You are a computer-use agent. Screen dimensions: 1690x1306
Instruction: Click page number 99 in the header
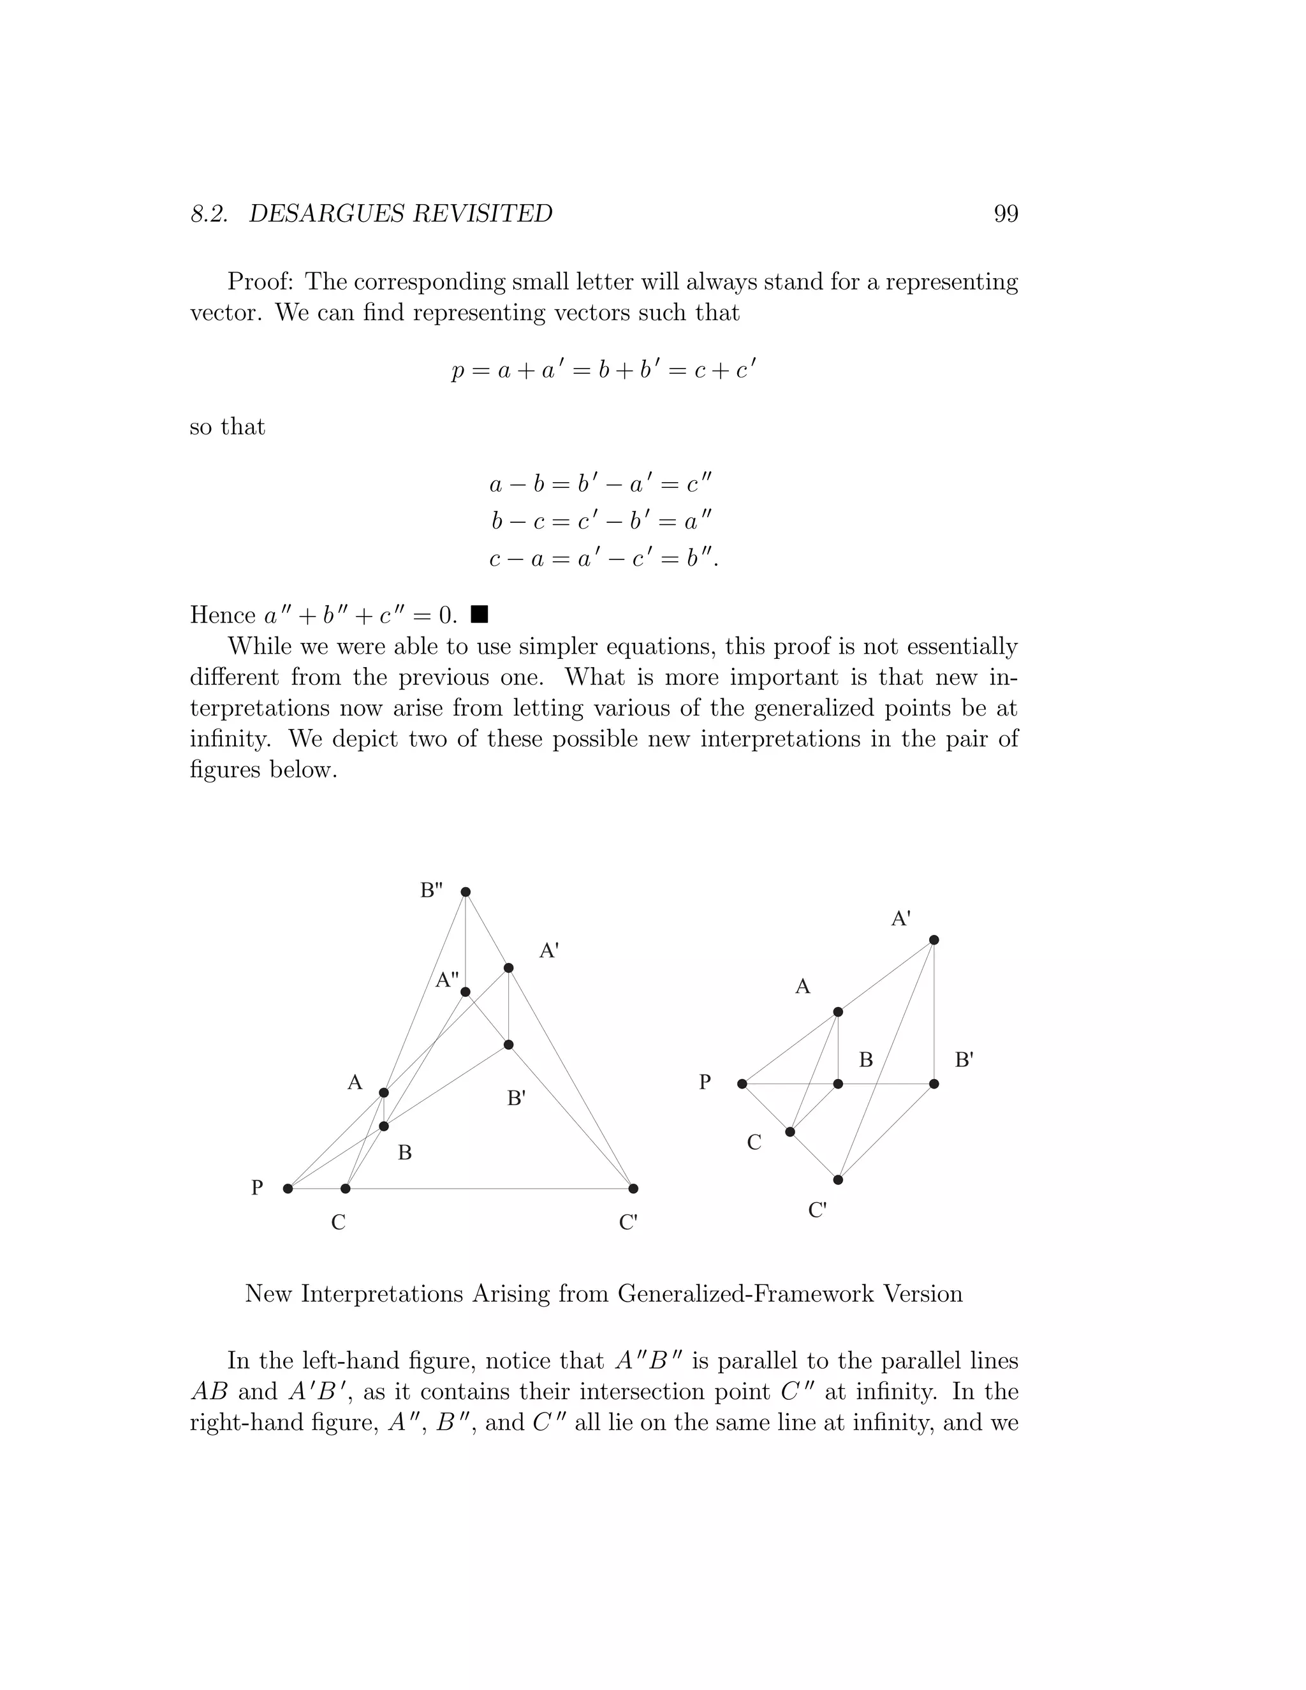point(1005,214)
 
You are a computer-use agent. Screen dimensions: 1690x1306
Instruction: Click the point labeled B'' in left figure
point(466,892)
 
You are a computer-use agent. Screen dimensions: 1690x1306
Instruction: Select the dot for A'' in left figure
point(466,992)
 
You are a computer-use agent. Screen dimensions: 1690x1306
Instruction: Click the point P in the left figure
point(288,1189)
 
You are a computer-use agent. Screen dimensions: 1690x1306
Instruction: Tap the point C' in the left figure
point(633,1189)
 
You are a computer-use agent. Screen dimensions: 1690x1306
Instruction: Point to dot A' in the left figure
point(508,968)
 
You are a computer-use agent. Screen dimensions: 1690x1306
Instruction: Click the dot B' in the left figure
point(508,1045)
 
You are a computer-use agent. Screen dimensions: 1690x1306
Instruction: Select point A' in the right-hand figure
point(934,940)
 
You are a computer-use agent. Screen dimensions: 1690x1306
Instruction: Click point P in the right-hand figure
point(742,1084)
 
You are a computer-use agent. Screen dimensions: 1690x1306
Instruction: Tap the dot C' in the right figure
point(838,1180)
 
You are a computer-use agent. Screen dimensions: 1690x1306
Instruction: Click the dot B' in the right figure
point(934,1084)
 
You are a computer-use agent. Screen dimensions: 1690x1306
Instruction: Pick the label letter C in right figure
point(754,1143)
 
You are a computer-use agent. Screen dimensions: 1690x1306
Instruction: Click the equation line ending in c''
point(599,485)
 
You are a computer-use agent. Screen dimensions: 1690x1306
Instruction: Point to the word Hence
point(223,615)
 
